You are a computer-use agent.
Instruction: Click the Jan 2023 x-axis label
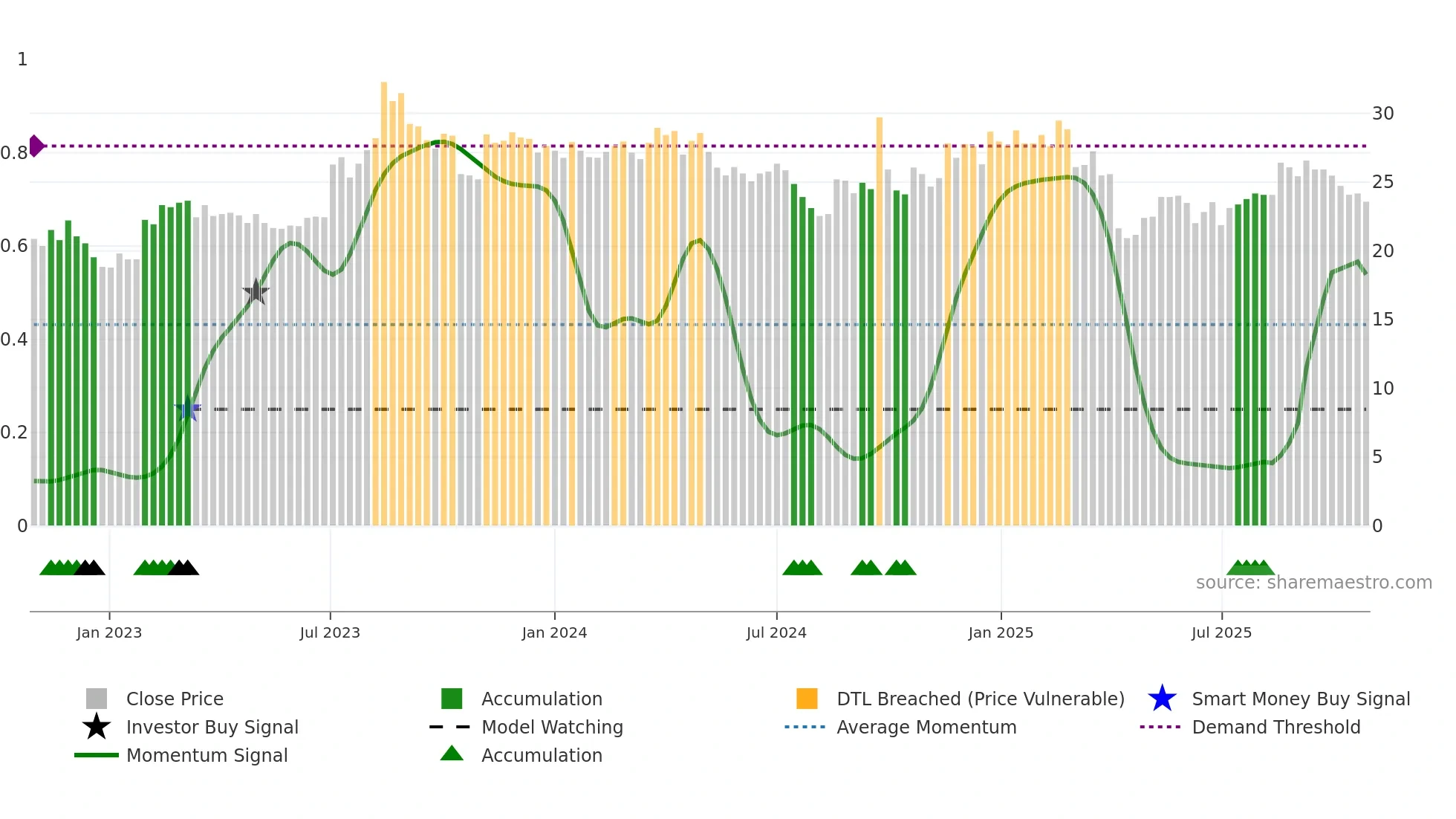[109, 632]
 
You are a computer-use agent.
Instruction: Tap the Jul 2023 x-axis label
[330, 632]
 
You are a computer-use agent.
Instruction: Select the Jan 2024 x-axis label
[554, 632]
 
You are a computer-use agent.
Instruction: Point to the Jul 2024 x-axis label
[776, 632]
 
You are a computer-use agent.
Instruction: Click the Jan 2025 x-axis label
[1001, 632]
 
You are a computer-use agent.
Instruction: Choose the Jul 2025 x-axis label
[1221, 632]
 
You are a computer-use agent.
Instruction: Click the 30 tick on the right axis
[1382, 114]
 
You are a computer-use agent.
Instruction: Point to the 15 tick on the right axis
[1382, 320]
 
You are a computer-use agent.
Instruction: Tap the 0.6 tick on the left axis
[14, 246]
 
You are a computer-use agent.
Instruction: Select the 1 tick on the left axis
[22, 59]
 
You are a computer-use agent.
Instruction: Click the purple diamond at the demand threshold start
[36, 146]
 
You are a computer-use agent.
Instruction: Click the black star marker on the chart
[256, 291]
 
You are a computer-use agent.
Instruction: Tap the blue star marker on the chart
[188, 409]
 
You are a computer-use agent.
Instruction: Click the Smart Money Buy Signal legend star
[1162, 699]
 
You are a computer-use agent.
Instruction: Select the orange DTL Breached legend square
[807, 699]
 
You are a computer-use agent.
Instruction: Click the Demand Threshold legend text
[1275, 727]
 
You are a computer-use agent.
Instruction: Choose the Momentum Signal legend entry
[207, 755]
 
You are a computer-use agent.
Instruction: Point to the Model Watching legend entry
[552, 727]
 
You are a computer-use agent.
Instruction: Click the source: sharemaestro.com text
[1313, 583]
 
